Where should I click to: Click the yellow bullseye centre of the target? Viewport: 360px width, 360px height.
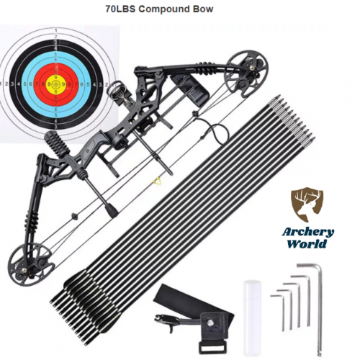[x=56, y=84]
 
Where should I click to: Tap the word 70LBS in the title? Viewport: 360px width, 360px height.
[x=121, y=9]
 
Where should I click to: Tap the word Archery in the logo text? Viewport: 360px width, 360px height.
[x=308, y=233]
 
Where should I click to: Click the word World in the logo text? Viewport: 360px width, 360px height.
[x=307, y=244]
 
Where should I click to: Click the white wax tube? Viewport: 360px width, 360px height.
[x=252, y=320]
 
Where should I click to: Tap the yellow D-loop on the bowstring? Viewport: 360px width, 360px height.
[x=157, y=181]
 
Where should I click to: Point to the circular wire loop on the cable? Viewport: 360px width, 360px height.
[x=220, y=131]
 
